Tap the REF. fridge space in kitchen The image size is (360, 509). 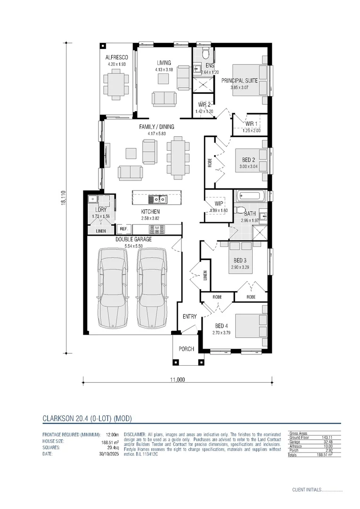(x=124, y=229)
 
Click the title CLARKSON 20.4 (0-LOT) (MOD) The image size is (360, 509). (x=87, y=418)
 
